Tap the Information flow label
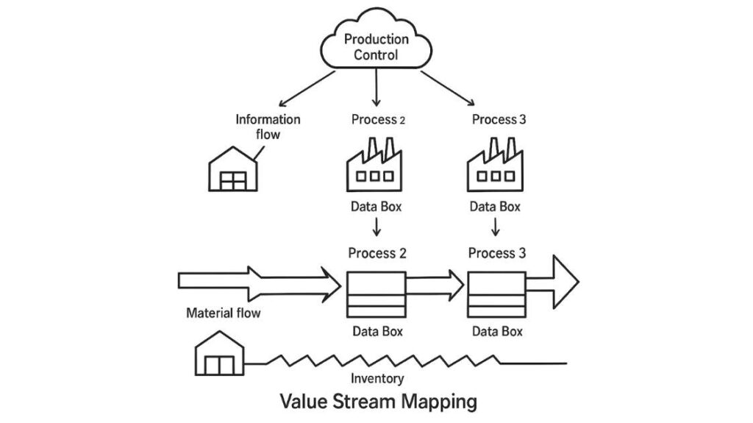pyautogui.click(x=268, y=126)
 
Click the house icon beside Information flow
pyautogui.click(x=232, y=171)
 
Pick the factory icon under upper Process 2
pyautogui.click(x=375, y=168)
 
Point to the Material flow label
pyautogui.click(x=223, y=313)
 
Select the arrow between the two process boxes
pyautogui.click(x=435, y=281)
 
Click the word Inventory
pyautogui.click(x=376, y=378)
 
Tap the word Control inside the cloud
pyautogui.click(x=376, y=55)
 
